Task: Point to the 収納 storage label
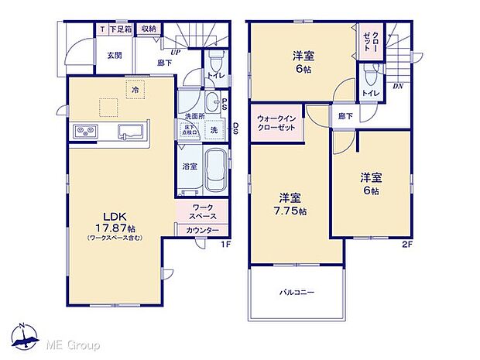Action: coord(148,29)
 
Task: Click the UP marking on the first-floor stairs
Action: coord(177,53)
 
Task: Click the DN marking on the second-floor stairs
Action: coord(399,87)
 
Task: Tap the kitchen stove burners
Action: coord(84,132)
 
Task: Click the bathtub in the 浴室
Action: coord(214,173)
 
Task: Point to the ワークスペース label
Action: coord(203,212)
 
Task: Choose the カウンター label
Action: coord(203,231)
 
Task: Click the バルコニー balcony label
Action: coord(296,292)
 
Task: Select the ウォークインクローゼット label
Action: coord(276,122)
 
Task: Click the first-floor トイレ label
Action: coord(216,75)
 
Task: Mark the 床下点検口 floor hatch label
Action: coord(190,131)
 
